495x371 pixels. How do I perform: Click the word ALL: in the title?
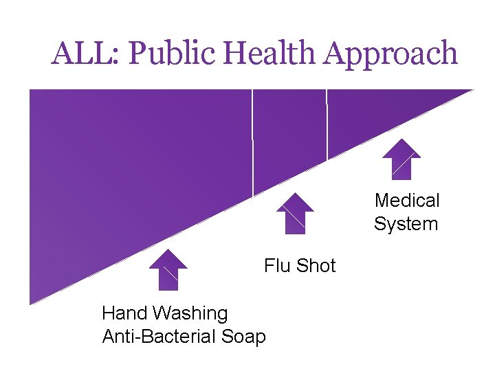pyautogui.click(x=85, y=54)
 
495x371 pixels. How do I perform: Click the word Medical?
pyautogui.click(x=407, y=201)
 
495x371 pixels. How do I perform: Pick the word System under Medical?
pyautogui.click(x=406, y=224)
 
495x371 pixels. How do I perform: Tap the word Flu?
pyautogui.click(x=277, y=266)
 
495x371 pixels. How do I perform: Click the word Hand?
pyautogui.click(x=126, y=313)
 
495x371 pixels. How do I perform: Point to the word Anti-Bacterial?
pyautogui.click(x=161, y=337)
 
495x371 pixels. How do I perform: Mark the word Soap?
pyautogui.click(x=245, y=337)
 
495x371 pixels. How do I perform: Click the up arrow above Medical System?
pyautogui.click(x=401, y=159)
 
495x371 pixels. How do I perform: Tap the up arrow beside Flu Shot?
pyautogui.click(x=295, y=213)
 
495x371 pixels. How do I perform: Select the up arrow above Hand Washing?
pyautogui.click(x=168, y=269)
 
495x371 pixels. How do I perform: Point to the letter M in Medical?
pyautogui.click(x=383, y=201)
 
